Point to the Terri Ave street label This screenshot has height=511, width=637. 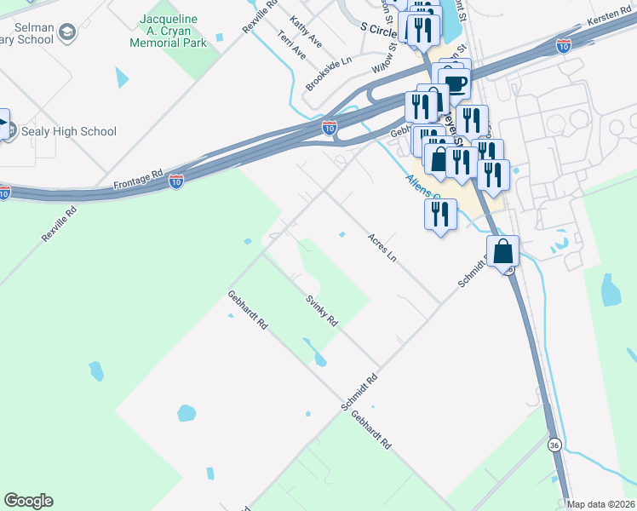(292, 45)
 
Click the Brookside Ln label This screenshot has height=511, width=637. (329, 74)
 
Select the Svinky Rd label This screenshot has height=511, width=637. (323, 311)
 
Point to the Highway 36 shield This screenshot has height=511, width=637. (554, 445)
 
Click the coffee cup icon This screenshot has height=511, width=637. (456, 83)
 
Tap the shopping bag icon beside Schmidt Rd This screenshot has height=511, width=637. (503, 252)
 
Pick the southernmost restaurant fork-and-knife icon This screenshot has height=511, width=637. (439, 213)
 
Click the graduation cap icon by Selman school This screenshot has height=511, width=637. (68, 33)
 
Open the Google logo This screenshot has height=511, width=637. (28, 501)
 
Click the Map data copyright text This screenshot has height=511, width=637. (601, 504)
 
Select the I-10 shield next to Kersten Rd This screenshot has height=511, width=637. (564, 46)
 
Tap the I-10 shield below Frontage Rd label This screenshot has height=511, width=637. (175, 181)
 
